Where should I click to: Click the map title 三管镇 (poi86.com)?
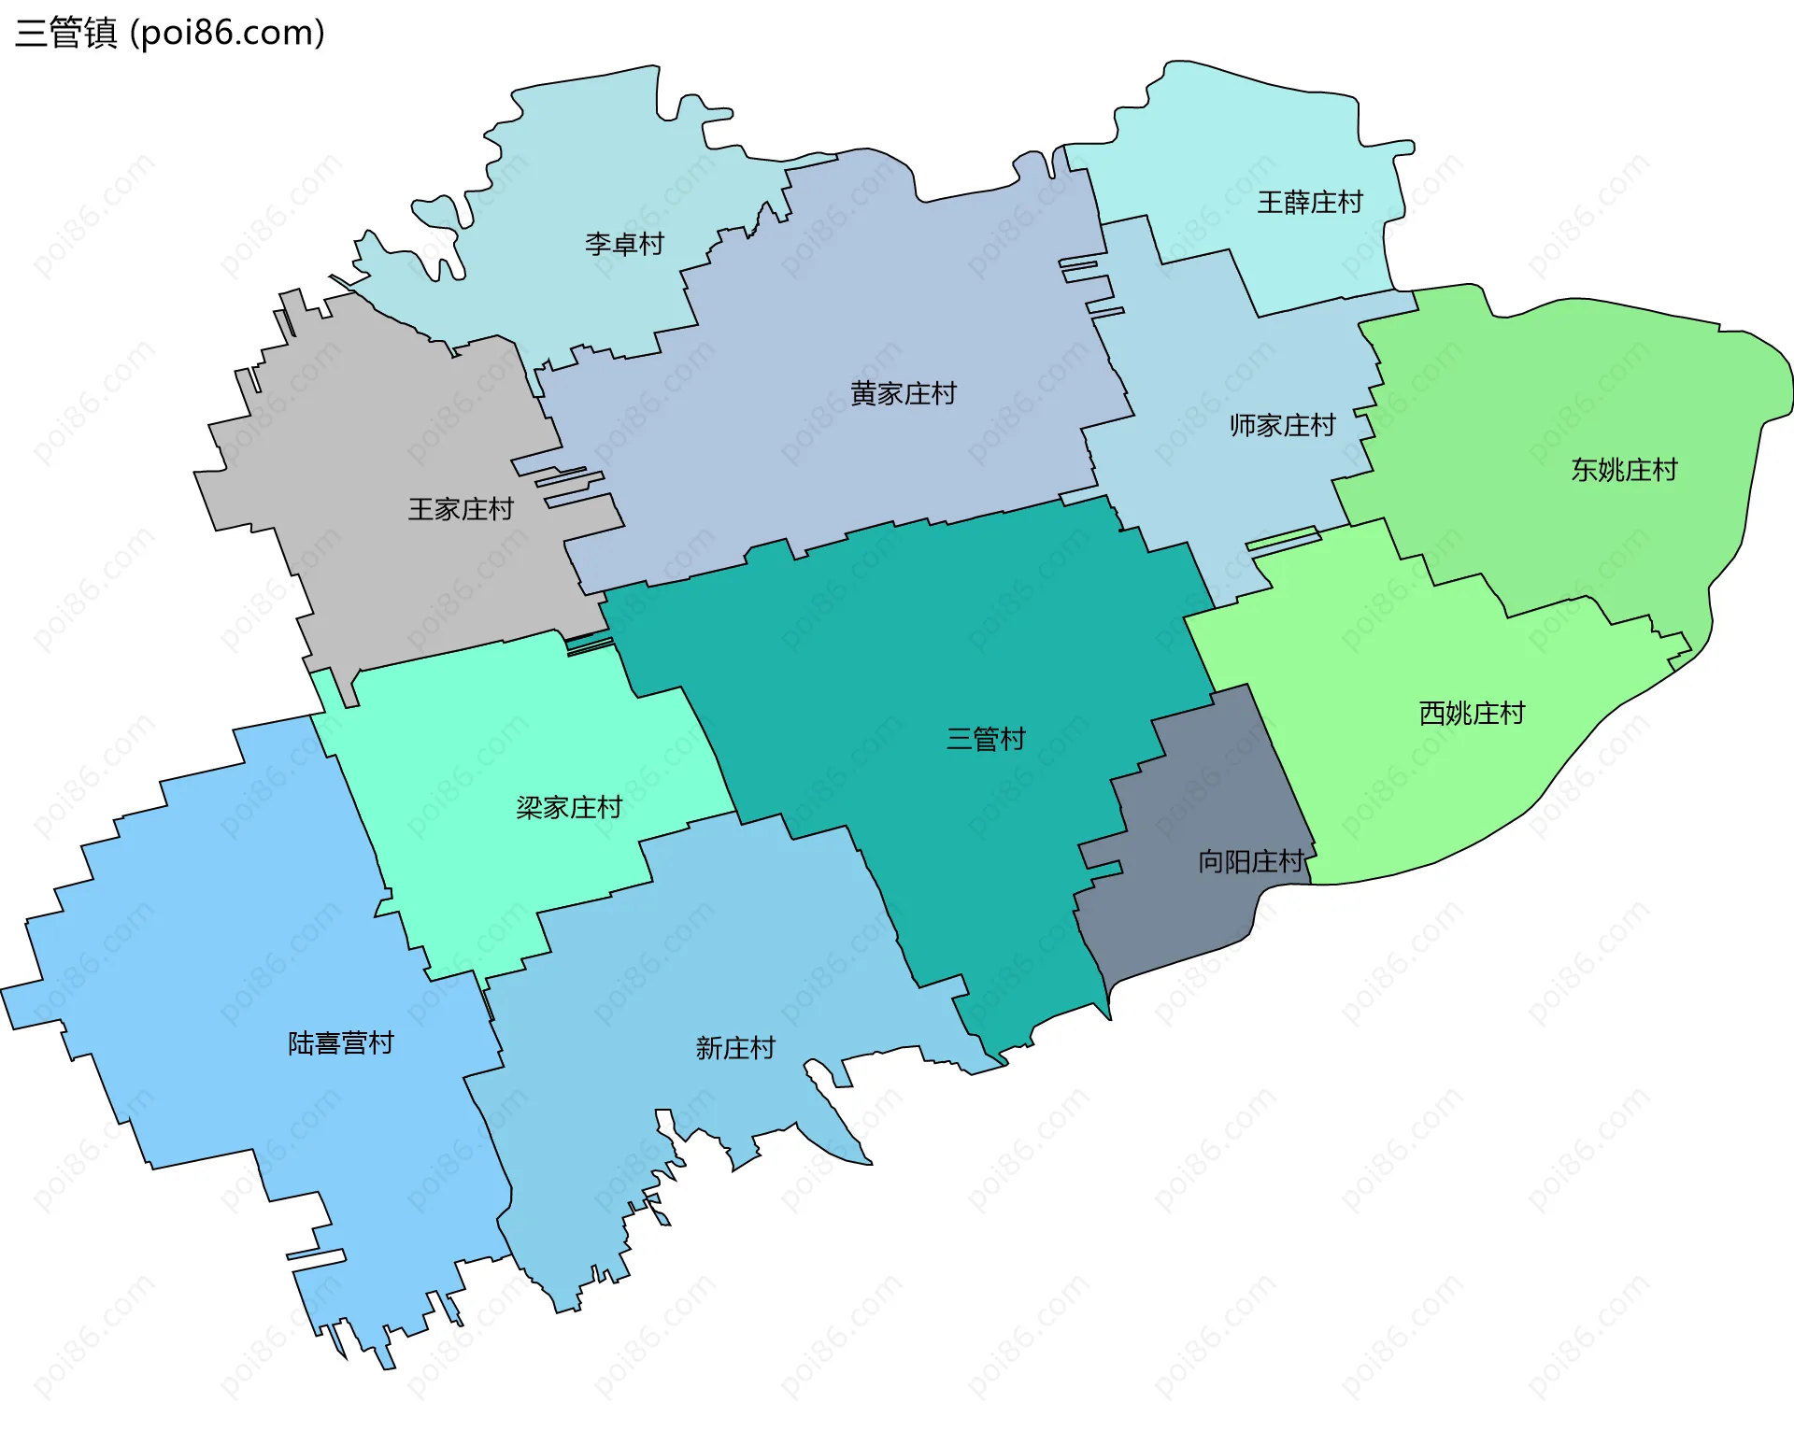[170, 33]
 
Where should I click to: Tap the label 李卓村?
[624, 245]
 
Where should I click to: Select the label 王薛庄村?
[1310, 203]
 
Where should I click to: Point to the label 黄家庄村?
[904, 394]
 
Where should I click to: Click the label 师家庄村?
[1282, 426]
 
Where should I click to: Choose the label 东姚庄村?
[1624, 470]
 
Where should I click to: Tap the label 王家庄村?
[461, 509]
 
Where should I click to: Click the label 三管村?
[986, 740]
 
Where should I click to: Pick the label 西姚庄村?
[1472, 714]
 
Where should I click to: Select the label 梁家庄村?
[569, 808]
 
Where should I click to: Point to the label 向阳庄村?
[1251, 861]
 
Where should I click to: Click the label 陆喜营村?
[341, 1043]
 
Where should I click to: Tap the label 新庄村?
[735, 1048]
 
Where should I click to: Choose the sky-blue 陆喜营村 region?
[234, 934]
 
